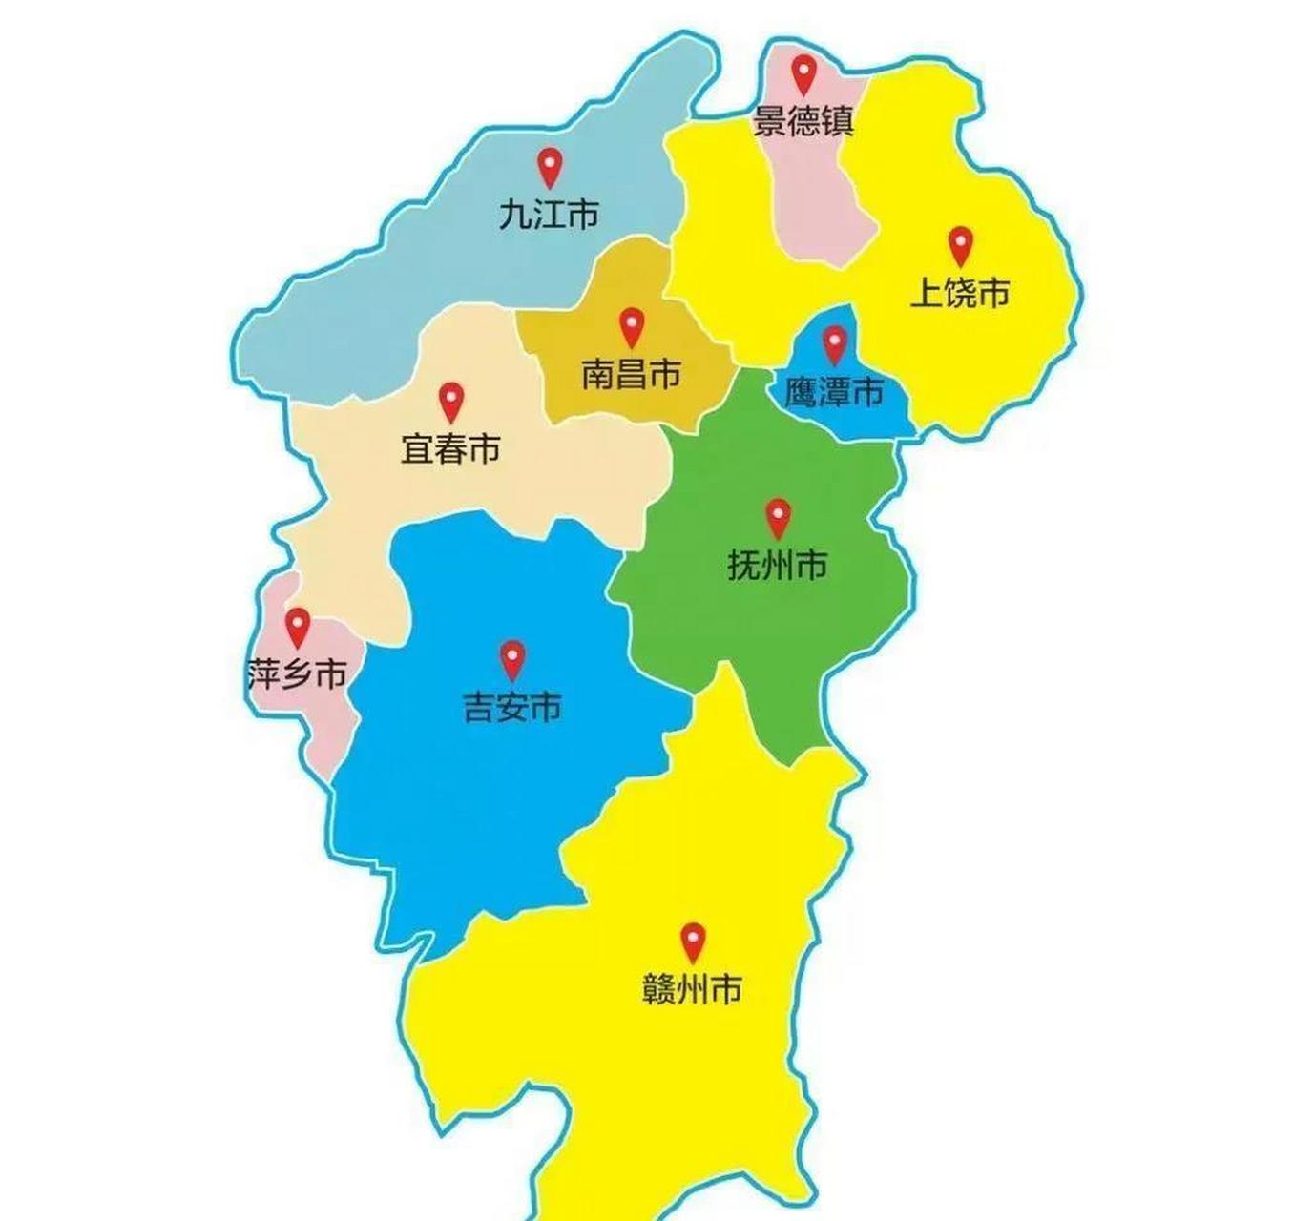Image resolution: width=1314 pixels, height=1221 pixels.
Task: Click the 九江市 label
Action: (x=549, y=215)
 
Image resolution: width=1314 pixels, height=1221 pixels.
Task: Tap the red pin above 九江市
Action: (x=549, y=166)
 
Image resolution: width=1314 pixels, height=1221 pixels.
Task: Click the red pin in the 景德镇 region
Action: (x=804, y=72)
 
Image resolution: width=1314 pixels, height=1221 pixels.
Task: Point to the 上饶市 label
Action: (x=960, y=293)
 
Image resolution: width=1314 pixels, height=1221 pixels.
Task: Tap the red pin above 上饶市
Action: (x=960, y=244)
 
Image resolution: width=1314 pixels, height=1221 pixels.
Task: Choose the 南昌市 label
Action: (x=631, y=374)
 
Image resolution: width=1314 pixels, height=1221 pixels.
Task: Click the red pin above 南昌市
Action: (x=631, y=325)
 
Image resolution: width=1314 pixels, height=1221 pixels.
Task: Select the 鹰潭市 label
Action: (x=834, y=392)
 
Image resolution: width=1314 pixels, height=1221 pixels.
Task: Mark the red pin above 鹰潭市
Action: (x=835, y=343)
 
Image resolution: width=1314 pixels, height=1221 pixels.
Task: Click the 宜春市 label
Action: (x=450, y=449)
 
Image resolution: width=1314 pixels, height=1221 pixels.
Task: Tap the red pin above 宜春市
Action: (x=450, y=401)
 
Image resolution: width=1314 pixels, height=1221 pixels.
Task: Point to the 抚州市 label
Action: (x=778, y=567)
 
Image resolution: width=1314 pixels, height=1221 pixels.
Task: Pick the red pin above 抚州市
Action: (x=779, y=517)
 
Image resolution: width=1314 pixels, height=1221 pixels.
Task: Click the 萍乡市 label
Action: (x=297, y=675)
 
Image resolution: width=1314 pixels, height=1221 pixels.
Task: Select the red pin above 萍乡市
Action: (x=299, y=626)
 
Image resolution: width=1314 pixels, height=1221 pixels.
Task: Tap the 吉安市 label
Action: (x=512, y=708)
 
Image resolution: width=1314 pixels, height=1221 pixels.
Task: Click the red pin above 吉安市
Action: (x=512, y=658)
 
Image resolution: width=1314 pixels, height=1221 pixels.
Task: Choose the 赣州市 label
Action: (x=693, y=990)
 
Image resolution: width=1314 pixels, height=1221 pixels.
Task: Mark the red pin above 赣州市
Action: (x=693, y=941)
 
